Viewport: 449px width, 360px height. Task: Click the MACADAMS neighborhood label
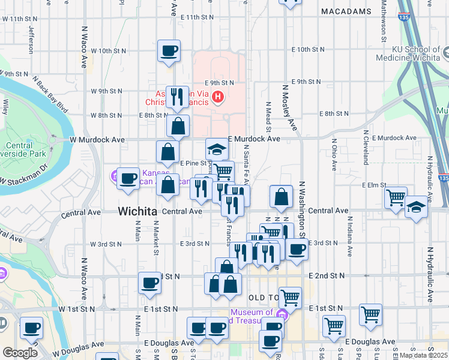tap(346, 11)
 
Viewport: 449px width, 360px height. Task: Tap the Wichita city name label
tap(137, 211)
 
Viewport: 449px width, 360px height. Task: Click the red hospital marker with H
tap(218, 96)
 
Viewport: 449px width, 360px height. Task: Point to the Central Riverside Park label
tap(23, 150)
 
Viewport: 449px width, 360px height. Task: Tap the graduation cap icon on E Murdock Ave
tap(217, 149)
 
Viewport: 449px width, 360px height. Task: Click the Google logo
tap(20, 353)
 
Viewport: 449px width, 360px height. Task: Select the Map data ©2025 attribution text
tap(423, 355)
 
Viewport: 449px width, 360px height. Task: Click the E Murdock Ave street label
tap(254, 139)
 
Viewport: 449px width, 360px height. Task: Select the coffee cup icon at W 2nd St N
tap(149, 283)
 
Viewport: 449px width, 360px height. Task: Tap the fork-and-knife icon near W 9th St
tap(176, 97)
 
